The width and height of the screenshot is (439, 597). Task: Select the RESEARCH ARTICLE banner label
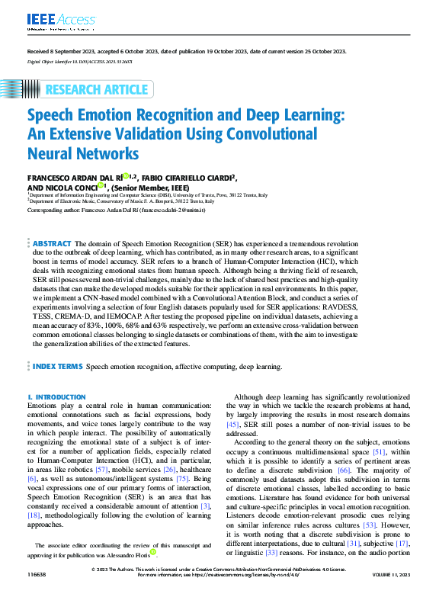click(98, 90)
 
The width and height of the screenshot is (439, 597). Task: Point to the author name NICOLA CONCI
click(71, 186)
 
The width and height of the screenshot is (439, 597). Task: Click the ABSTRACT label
click(52, 242)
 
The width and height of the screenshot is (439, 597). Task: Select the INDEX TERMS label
click(58, 367)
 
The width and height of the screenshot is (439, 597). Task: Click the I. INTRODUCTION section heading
click(56, 397)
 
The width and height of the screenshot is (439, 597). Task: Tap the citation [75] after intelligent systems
click(181, 478)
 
